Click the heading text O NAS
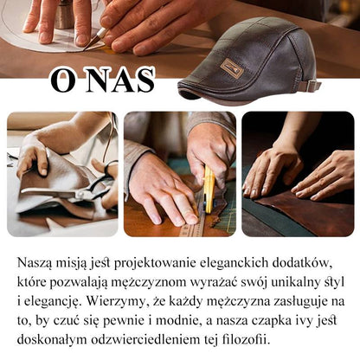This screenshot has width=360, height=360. (x=102, y=80)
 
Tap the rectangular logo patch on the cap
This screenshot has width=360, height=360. (x=231, y=68)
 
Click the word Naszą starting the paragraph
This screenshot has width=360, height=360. (x=36, y=262)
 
